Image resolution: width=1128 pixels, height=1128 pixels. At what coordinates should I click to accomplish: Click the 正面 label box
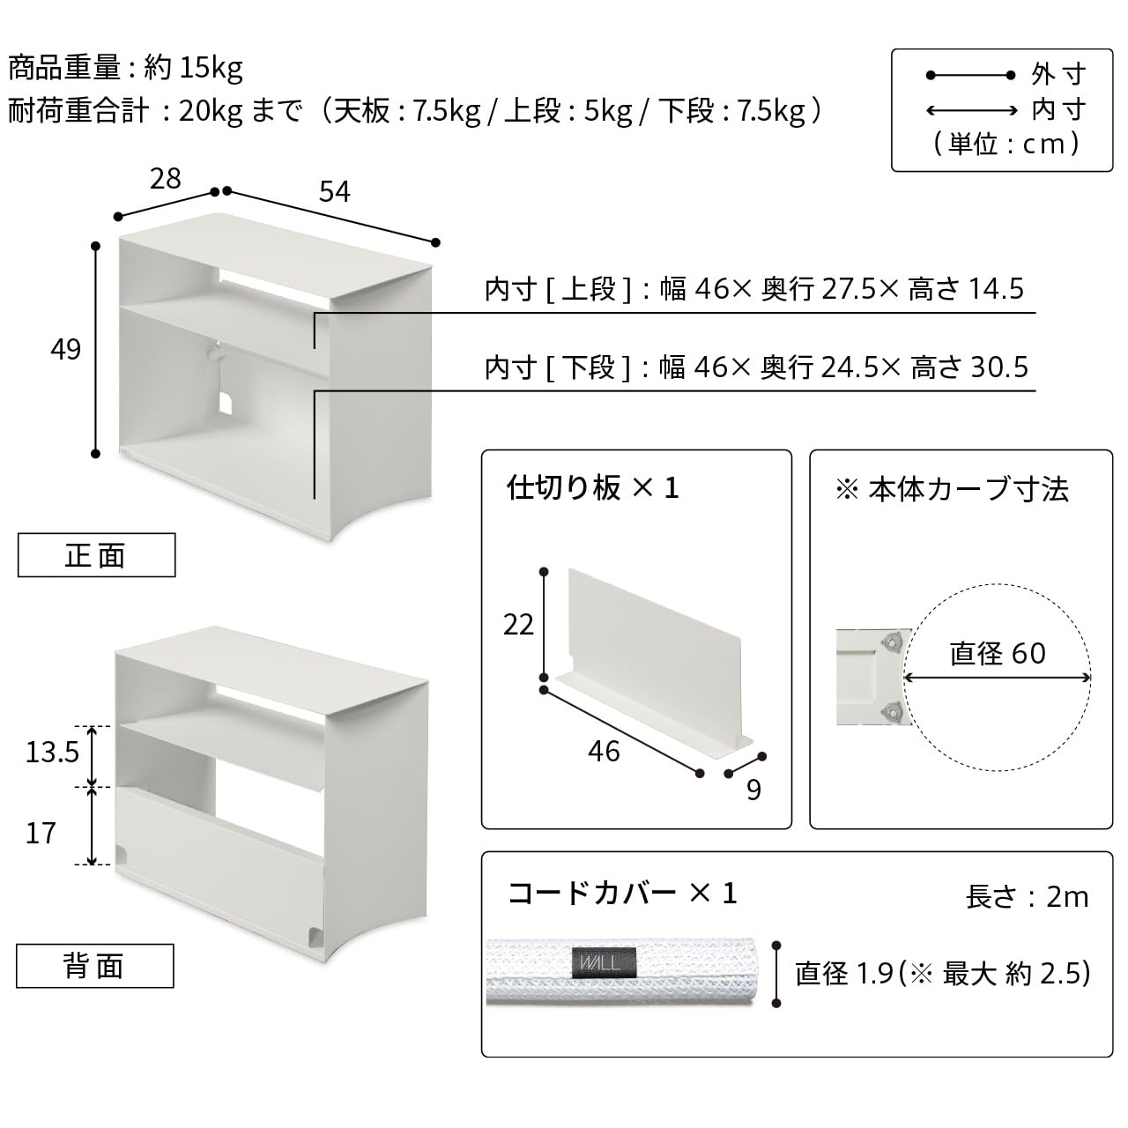(96, 555)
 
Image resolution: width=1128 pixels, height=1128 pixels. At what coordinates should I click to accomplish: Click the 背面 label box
(95, 967)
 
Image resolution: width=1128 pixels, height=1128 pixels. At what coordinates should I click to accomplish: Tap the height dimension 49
(65, 350)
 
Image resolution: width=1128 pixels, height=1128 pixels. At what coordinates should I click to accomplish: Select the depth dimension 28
(165, 179)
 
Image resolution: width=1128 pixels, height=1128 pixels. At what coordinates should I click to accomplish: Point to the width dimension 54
(334, 191)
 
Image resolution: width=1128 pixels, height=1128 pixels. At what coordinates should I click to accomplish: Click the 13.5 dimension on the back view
(52, 752)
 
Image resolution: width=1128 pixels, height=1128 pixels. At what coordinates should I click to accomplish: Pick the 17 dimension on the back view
(41, 833)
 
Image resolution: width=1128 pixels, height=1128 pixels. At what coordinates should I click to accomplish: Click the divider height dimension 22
(518, 625)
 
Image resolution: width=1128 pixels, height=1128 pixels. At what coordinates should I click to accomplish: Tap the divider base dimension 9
(753, 790)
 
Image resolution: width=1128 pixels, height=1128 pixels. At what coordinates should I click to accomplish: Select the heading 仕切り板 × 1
(592, 487)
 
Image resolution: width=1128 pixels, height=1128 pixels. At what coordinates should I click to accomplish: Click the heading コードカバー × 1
(622, 894)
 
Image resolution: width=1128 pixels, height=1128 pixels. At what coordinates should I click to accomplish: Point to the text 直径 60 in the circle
(998, 653)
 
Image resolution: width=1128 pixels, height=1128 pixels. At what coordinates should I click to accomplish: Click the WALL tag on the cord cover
(603, 961)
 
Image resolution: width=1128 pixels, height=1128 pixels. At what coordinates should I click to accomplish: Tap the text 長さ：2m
(1027, 897)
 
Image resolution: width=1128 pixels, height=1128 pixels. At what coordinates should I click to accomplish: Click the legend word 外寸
(1058, 75)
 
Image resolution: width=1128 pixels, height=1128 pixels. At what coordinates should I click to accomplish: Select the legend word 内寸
(1058, 110)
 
